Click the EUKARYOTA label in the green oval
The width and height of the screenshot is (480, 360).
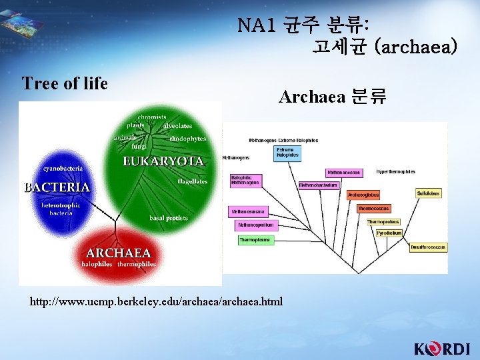(163, 161)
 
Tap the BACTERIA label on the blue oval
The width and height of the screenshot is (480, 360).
(57, 187)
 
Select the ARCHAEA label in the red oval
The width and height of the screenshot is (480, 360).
(119, 253)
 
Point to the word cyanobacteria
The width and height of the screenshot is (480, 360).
(63, 169)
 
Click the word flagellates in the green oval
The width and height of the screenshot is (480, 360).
(192, 181)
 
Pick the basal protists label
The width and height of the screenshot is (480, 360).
(168, 218)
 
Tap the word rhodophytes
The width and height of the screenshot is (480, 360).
(187, 139)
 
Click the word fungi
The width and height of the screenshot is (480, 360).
(139, 145)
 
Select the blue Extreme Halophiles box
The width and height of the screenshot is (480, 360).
(287, 153)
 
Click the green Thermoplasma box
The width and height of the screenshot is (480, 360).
(256, 240)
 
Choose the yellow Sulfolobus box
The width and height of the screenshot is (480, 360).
(428, 193)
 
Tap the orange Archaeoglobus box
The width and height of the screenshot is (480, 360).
(363, 195)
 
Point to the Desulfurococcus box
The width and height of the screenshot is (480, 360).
(428, 247)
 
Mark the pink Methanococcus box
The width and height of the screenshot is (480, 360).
(343, 173)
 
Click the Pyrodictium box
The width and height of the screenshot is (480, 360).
(389, 233)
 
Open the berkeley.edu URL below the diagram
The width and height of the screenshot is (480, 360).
(156, 302)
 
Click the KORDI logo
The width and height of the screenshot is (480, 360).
(442, 349)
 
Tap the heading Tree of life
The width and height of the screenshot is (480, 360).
(65, 83)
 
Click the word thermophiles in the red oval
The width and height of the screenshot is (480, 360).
(137, 265)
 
